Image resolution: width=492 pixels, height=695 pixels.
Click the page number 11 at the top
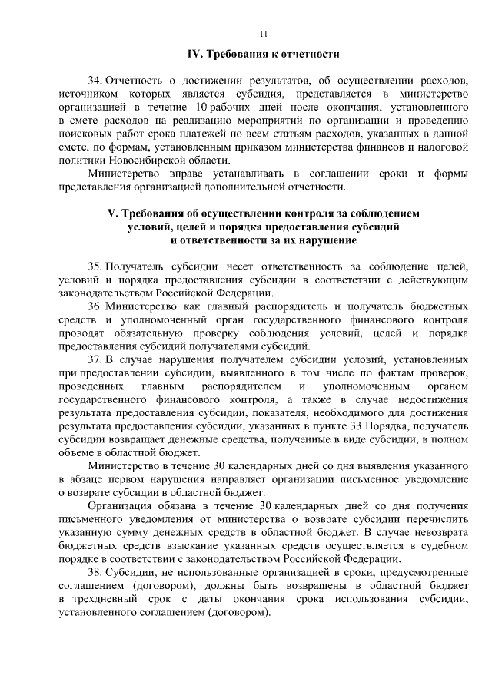[x=263, y=34]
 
